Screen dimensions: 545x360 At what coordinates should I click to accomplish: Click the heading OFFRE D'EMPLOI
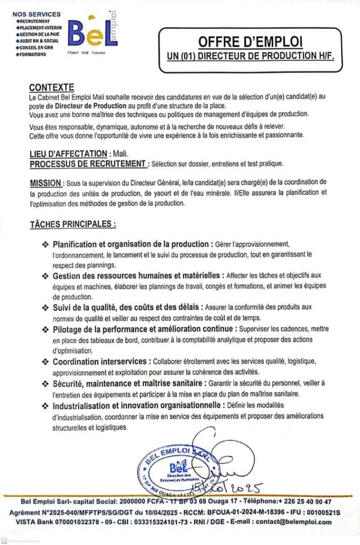click(250, 42)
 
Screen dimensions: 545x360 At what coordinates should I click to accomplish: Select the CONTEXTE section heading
click(52, 87)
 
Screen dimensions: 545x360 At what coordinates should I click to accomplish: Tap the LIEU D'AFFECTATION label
click(68, 153)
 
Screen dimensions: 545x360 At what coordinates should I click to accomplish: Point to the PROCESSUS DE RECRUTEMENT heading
click(87, 163)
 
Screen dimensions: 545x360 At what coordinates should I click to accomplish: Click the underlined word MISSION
click(46, 183)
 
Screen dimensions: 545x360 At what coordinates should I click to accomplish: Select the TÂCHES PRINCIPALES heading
click(72, 224)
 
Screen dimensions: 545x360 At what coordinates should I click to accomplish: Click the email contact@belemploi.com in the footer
click(294, 522)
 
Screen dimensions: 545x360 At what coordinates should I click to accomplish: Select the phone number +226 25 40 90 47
click(305, 501)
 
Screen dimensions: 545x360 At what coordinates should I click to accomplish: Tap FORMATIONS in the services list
click(32, 54)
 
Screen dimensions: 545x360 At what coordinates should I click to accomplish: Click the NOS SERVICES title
click(36, 14)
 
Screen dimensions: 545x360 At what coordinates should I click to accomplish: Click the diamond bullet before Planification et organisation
click(45, 244)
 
